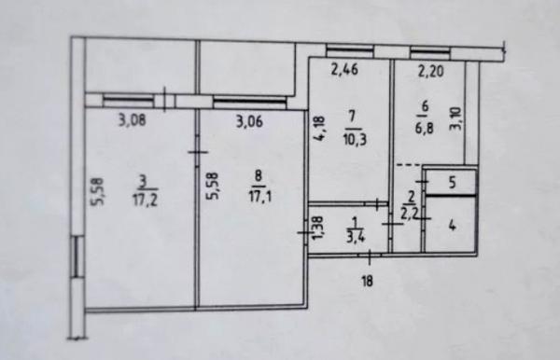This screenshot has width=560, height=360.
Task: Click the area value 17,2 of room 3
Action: point(146,201)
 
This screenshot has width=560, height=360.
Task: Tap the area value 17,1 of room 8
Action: point(260,197)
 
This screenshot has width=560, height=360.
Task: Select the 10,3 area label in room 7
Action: point(354,140)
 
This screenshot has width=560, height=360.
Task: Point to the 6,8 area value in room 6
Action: point(425,128)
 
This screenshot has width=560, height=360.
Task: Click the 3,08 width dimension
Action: point(132,120)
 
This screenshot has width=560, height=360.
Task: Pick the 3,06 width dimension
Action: point(249,121)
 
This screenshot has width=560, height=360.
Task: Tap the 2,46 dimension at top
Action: point(344,70)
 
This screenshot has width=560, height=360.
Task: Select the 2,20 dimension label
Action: point(431,72)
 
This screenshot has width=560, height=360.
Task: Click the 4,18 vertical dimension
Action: point(319,128)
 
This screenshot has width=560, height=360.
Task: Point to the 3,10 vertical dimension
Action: point(458,119)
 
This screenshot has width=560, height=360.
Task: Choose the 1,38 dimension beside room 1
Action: point(318,229)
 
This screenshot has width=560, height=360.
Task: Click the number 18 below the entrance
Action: point(367,281)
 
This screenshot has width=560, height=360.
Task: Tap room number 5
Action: point(452,183)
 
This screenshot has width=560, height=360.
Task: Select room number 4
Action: point(452,226)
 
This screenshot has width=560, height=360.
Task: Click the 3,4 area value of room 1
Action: point(356,237)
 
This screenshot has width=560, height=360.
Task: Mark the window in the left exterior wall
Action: point(77,256)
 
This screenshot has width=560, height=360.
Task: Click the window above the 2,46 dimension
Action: point(349,50)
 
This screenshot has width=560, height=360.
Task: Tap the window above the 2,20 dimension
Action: point(430,53)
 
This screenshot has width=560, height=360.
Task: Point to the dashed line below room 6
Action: point(410,165)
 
